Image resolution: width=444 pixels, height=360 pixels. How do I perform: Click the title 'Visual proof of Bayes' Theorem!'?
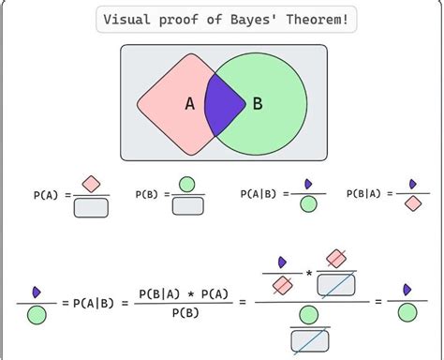228,21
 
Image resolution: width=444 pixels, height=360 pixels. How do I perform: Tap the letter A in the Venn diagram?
189,104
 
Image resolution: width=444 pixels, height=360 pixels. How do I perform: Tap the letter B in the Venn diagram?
258,104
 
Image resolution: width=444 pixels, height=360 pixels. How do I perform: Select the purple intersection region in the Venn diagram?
224,102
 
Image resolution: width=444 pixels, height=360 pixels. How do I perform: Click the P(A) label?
45,195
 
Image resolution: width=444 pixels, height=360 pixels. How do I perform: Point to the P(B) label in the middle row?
146,195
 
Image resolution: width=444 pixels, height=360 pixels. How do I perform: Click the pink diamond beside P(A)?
91,184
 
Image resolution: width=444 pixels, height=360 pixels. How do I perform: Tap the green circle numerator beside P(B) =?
187,184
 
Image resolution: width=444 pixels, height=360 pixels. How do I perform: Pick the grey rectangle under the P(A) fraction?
91,207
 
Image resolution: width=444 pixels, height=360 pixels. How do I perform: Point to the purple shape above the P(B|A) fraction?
412,184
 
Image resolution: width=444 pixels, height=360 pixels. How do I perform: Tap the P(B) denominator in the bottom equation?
184,315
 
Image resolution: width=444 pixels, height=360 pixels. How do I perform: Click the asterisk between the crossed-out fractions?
308,274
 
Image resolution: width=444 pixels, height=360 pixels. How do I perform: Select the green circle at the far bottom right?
407,314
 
